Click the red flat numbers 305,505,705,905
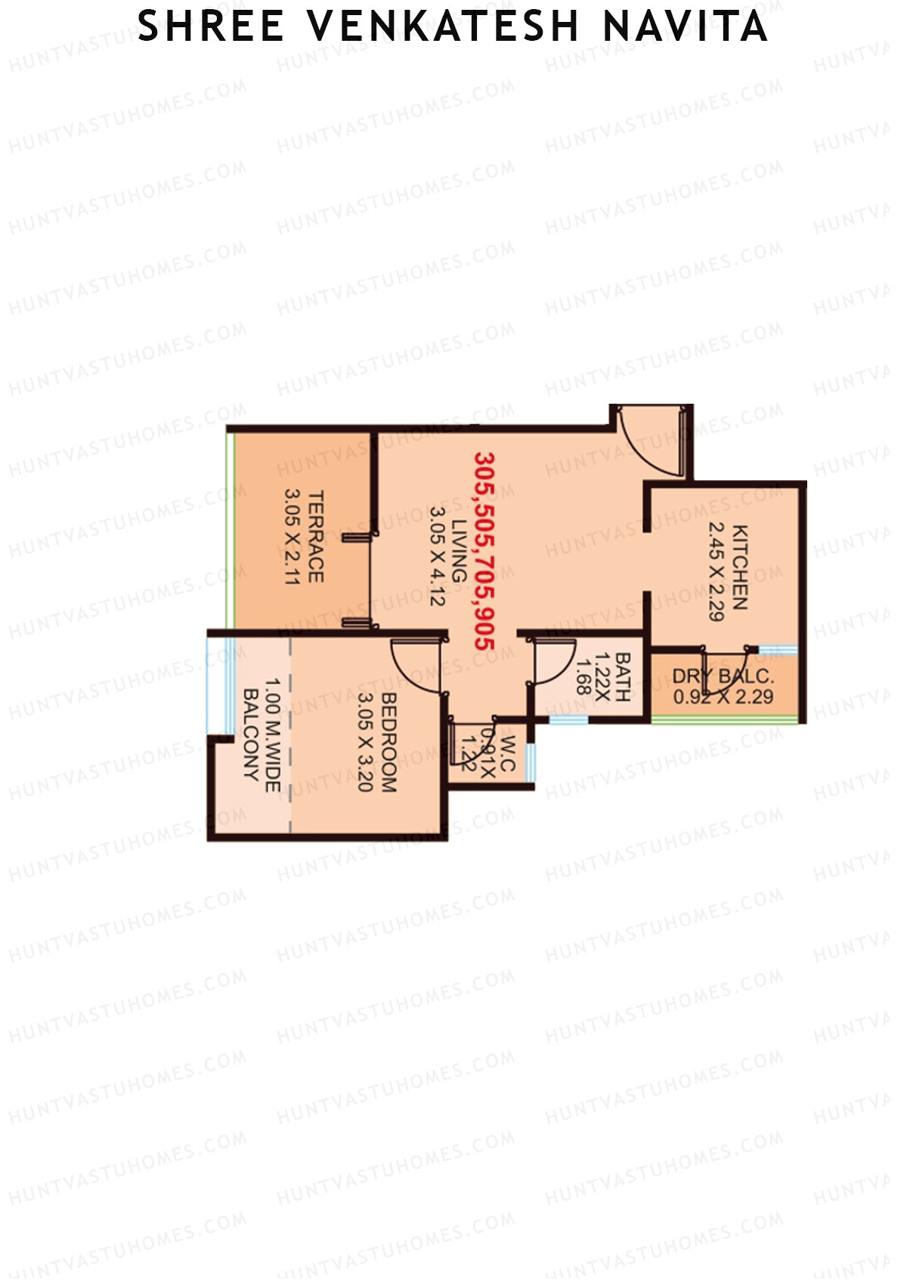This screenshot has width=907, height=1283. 484,550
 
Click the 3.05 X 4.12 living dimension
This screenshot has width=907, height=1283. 437,556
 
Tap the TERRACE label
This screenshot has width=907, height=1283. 316,537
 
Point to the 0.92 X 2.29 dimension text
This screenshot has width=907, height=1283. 723,696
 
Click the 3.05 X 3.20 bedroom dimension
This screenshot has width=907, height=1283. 365,742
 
